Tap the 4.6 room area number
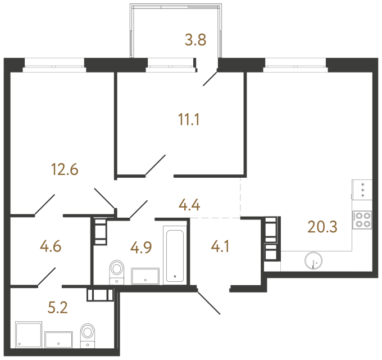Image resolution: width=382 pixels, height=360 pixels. pos(51,246)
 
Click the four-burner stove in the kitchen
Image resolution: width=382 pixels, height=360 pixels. pos(361,219)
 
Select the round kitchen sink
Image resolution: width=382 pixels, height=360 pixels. pos(313,260)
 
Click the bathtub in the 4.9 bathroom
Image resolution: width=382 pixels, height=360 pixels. pos(175,255)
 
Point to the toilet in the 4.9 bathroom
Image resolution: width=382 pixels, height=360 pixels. pos(116,272)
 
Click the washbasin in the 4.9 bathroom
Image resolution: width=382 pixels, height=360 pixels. pos(145,276)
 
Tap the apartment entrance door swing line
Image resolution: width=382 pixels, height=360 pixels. pos(208,302)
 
